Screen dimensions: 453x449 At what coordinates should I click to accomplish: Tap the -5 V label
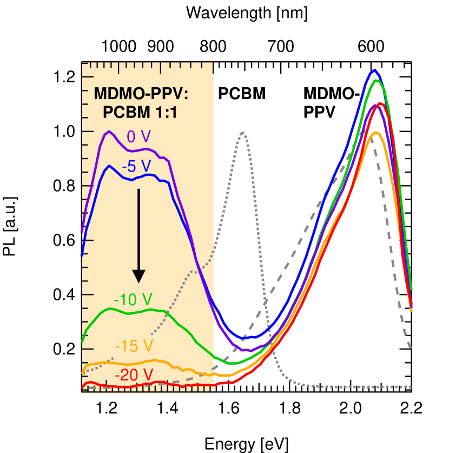(x=136, y=166)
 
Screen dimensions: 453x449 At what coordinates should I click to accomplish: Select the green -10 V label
(x=133, y=299)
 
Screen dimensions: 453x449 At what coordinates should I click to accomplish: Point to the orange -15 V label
(x=134, y=346)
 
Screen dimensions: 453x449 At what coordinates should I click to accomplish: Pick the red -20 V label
(x=134, y=374)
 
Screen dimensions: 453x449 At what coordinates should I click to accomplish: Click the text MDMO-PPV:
(x=141, y=94)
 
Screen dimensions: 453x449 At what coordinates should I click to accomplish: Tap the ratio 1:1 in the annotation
(x=166, y=113)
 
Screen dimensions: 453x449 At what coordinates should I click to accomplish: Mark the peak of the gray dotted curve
(x=243, y=132)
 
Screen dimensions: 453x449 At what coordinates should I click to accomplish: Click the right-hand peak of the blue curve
(x=374, y=70)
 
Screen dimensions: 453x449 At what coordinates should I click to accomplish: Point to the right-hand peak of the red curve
(x=381, y=103)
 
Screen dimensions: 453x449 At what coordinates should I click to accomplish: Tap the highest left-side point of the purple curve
(x=109, y=132)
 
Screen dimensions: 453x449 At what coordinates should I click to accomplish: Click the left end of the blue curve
(x=82, y=254)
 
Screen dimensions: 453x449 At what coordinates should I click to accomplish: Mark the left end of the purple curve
(x=82, y=232)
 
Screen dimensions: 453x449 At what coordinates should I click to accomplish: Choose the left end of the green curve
(x=82, y=342)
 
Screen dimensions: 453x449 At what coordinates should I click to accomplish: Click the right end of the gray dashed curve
(x=411, y=347)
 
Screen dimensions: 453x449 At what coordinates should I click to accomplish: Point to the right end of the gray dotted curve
(x=412, y=387)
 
